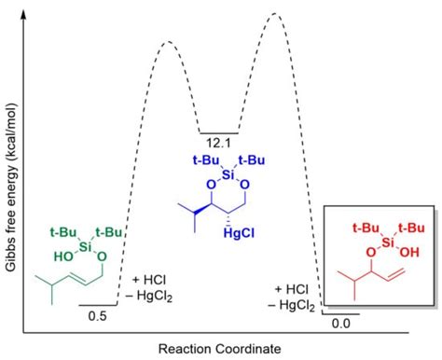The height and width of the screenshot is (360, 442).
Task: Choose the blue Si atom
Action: tap(220, 174)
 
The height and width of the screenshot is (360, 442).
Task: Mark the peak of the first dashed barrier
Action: tap(168, 42)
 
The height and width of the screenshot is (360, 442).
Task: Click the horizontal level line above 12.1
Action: tap(217, 132)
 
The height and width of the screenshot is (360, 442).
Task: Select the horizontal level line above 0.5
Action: tap(97, 305)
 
